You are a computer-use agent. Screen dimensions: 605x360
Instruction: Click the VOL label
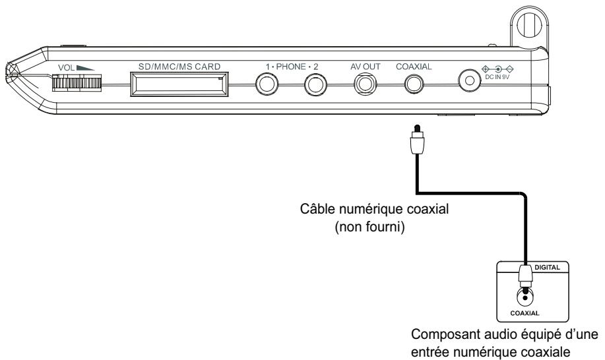click(66, 68)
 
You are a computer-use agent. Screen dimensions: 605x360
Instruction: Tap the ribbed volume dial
click(77, 83)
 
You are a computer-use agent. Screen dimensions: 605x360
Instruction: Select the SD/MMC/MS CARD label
click(179, 67)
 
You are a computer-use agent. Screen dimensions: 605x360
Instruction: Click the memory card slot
click(179, 84)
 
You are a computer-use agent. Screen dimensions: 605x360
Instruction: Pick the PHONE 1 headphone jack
click(267, 84)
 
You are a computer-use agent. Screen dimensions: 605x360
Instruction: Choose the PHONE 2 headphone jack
click(315, 84)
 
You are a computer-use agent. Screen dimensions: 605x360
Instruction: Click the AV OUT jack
click(365, 84)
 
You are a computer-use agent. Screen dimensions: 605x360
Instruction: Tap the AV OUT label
click(366, 67)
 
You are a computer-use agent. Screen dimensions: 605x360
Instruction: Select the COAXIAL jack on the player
click(414, 84)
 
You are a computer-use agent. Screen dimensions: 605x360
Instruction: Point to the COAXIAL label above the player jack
click(414, 67)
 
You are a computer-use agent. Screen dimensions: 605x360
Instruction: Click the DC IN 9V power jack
click(470, 80)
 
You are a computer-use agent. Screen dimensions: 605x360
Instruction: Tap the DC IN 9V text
click(497, 77)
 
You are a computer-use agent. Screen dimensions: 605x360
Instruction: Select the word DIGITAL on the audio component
click(547, 267)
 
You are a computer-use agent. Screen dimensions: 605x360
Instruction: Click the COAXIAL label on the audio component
click(525, 313)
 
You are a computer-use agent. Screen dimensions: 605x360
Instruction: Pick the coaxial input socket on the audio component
click(525, 297)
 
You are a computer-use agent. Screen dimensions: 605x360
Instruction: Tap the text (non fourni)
click(369, 227)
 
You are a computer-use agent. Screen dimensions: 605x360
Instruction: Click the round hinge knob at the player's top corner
click(529, 24)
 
